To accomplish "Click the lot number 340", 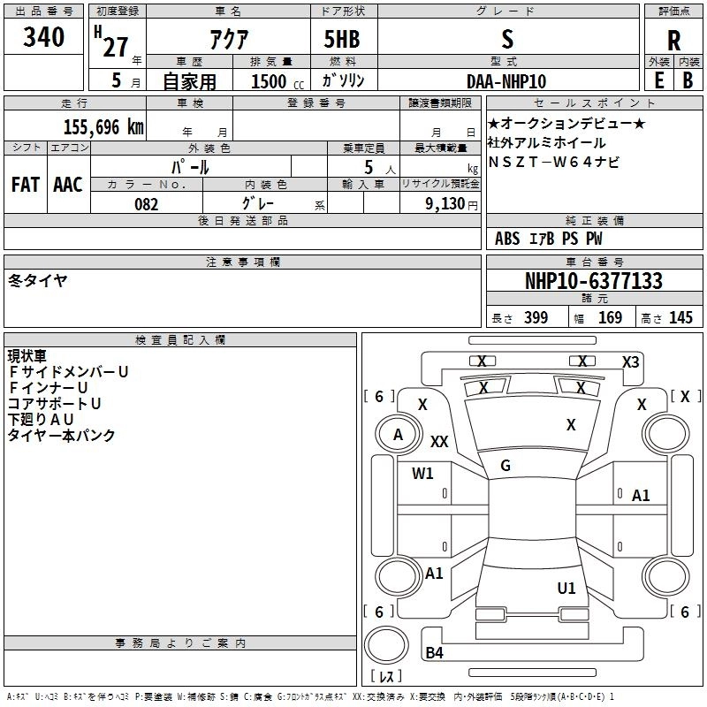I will [x=44, y=38].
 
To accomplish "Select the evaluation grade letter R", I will [x=673, y=41].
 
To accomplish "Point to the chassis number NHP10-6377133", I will [x=594, y=281].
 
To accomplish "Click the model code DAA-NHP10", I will [x=506, y=81].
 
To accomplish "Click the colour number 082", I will [x=146, y=204].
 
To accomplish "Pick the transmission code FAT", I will [x=26, y=185].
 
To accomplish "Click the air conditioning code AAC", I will [x=68, y=185].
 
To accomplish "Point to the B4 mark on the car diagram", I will [x=434, y=653].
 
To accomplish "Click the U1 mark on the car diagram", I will [x=566, y=588].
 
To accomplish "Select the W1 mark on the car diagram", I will [x=422, y=473].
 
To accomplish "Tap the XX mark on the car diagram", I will [x=439, y=441].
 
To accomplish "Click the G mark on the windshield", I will [x=506, y=466].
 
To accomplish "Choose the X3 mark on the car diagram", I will [x=630, y=361].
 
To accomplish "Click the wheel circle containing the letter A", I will [x=398, y=434].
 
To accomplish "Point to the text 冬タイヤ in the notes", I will [x=38, y=280].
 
